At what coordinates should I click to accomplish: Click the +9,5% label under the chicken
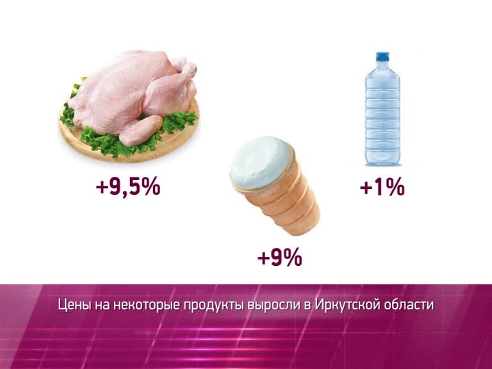coord(128,187)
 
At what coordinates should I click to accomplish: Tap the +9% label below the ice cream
coord(279,258)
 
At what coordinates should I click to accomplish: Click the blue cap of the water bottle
coord(382,56)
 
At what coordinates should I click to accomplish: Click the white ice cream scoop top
coord(261,163)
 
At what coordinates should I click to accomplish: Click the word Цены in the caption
coord(74,306)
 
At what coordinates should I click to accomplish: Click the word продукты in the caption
coord(214,306)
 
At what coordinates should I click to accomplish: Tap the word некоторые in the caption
coord(147,306)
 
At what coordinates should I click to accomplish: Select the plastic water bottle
coord(382,108)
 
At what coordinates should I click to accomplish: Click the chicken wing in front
coord(140,130)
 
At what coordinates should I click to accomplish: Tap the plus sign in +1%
coord(366,188)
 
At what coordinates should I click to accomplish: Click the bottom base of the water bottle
coord(382,161)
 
